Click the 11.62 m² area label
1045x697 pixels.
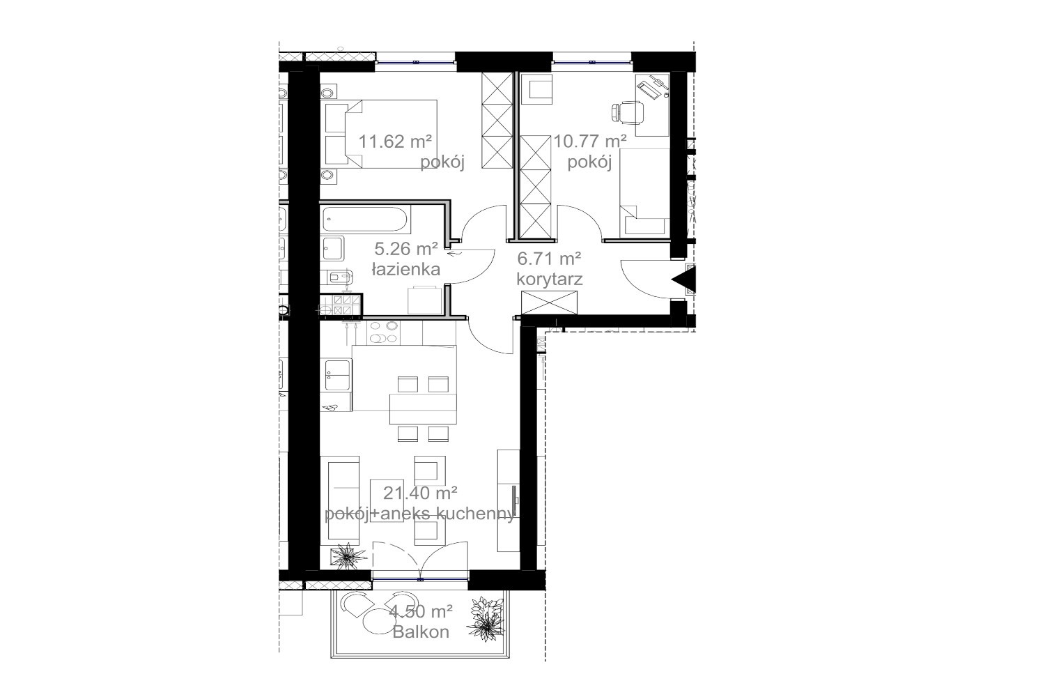395,141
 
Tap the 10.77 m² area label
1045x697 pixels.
589,141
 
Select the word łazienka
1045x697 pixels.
406,269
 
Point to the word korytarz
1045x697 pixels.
550,279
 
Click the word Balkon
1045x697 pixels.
421,632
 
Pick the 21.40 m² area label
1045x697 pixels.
420,493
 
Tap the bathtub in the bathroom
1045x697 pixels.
365,220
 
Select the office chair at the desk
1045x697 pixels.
628,112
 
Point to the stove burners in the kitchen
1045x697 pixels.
383,332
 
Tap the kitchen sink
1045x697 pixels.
336,374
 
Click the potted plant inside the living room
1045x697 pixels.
348,556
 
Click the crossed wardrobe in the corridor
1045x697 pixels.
549,302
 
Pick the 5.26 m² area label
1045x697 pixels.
406,249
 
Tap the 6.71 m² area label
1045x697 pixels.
549,258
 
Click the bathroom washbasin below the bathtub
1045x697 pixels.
332,248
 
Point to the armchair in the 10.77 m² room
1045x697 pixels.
537,89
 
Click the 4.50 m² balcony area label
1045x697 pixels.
421,611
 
